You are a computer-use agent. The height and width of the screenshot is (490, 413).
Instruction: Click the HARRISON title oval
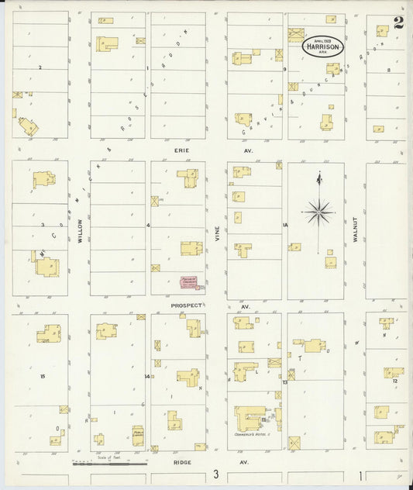[x=318, y=46]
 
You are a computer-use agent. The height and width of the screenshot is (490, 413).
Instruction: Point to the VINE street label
[x=218, y=233]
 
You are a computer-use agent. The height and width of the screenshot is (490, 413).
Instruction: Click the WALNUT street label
[x=353, y=230]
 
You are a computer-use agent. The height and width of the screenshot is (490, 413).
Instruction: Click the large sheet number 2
[x=398, y=23]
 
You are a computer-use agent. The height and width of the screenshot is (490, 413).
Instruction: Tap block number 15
[x=43, y=376]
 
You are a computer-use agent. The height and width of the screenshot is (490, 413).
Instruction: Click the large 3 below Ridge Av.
[x=218, y=473]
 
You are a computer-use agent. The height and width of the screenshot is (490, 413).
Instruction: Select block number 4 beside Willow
[x=147, y=225]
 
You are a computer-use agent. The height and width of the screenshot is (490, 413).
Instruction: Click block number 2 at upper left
[x=40, y=67]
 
